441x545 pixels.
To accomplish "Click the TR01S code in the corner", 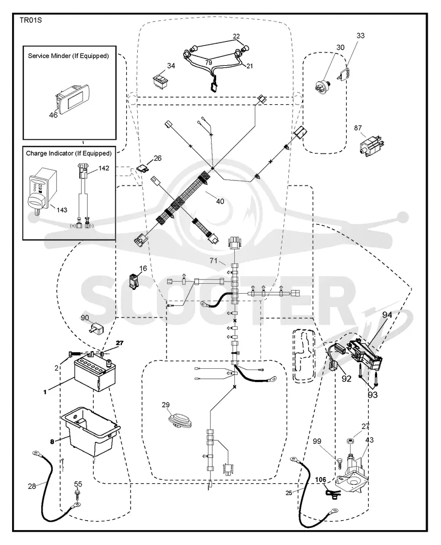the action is pos(30,20).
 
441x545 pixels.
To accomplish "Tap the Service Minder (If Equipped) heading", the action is pos(68,56).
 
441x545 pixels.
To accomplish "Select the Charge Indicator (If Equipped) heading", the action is pos(69,154).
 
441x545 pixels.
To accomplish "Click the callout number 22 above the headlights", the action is pos(236,36).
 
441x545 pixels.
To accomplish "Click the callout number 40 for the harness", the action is pos(220,201).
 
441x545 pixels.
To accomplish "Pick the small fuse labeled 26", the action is pos(145,168).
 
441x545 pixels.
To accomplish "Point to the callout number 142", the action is pos(104,168).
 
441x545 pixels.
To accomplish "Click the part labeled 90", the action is pos(97,328).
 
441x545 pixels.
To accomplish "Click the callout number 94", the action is pos(387,315).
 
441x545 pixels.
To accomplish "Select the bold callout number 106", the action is pos(321,480).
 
